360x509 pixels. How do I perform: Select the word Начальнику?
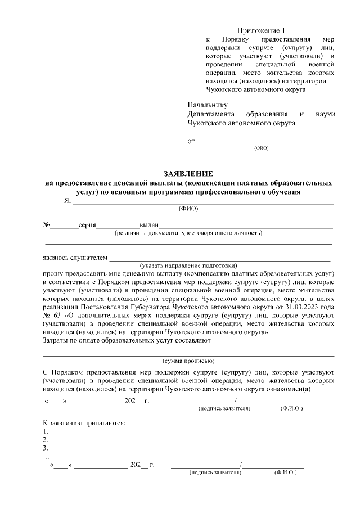coord(207,105)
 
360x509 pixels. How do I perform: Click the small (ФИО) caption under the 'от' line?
coord(262,148)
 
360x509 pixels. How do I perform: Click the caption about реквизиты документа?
coord(188,233)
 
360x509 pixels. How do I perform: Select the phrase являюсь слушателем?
coord(74,258)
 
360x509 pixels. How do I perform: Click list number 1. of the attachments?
coord(46,431)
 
